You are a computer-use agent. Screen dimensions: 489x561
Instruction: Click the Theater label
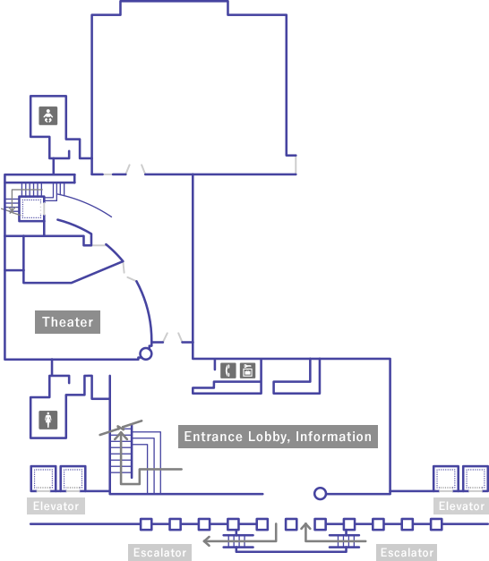67,322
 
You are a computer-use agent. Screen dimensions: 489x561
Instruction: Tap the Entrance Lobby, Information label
278,437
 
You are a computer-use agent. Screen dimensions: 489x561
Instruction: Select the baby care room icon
48,115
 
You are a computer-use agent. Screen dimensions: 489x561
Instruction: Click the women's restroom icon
48,420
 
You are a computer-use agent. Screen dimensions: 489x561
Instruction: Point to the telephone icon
228,370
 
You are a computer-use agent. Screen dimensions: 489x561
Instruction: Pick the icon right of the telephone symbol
247,370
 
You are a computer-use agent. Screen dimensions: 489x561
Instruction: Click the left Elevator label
56,506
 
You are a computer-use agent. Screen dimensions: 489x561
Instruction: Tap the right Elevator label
461,506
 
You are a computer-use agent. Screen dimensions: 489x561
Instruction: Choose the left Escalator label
159,552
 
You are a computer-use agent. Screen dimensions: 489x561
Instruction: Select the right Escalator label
407,552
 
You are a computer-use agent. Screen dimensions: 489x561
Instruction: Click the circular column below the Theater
145,353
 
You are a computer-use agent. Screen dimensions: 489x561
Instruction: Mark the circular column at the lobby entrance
320,493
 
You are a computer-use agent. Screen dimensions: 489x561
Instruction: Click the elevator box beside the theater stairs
31,208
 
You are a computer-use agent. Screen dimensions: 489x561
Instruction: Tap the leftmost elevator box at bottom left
43,478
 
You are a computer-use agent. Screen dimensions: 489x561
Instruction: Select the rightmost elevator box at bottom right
476,478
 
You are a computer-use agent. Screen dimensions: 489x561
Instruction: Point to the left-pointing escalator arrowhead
207,540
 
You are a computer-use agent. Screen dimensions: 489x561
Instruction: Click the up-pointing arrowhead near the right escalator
305,526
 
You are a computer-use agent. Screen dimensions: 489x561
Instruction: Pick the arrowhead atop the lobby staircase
121,435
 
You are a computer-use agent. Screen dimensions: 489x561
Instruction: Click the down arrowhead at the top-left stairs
12,210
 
